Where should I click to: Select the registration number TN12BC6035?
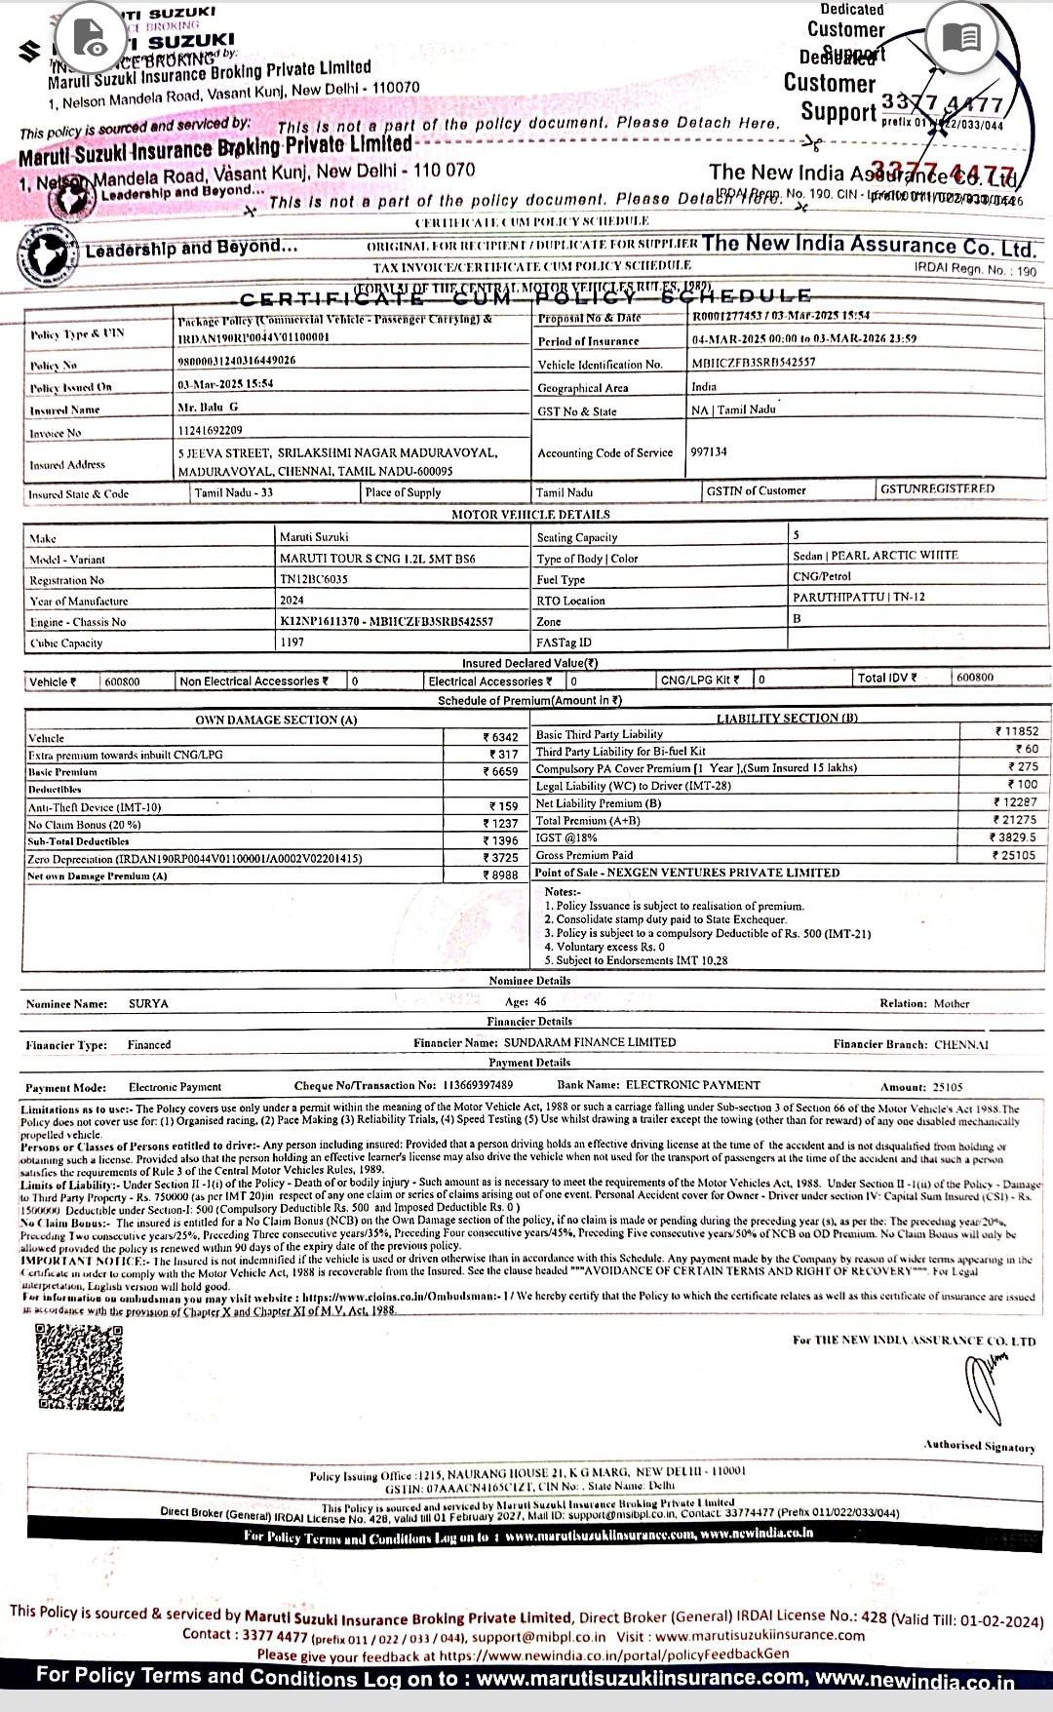314,579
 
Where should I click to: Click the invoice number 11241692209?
210,431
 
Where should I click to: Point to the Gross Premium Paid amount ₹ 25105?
1014,855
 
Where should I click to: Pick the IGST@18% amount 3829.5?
1014,837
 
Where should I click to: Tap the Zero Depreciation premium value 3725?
503,857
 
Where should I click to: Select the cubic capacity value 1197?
292,642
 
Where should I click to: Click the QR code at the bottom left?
81,1368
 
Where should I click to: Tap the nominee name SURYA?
148,1003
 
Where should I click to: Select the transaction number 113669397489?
478,1085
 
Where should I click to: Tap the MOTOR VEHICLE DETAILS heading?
530,514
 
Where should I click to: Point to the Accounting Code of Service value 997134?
708,452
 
